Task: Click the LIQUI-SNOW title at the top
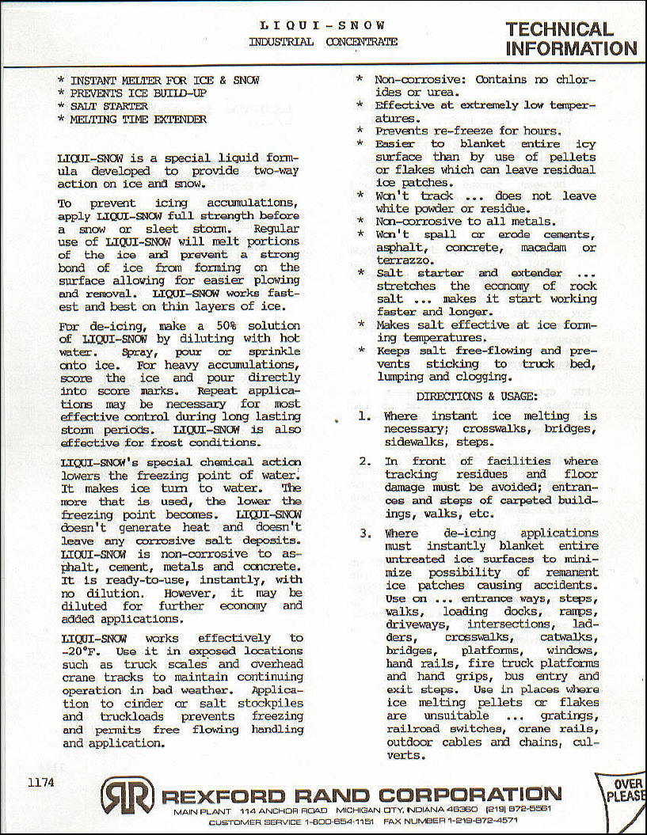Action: pos(323,25)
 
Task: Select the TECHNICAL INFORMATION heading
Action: pos(570,39)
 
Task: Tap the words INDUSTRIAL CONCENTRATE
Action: pos(323,42)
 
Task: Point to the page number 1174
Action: pos(40,783)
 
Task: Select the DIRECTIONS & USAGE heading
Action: pos(477,396)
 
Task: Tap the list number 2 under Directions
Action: pos(364,461)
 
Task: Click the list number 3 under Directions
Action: pos(364,533)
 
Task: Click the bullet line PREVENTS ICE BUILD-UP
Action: pos(139,93)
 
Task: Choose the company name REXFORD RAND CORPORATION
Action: pos(361,795)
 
